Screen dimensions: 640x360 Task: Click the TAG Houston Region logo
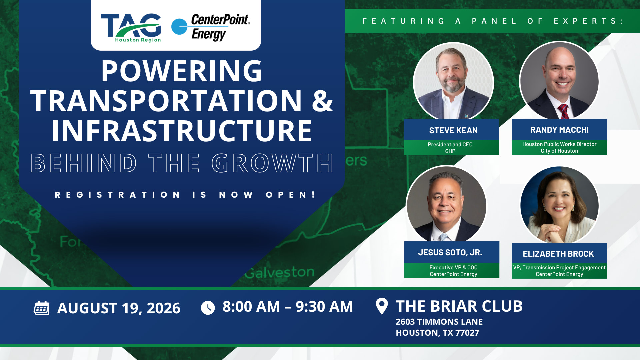pos(131,28)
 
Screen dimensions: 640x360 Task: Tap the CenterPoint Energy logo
pos(211,27)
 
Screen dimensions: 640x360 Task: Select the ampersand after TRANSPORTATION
pos(322,101)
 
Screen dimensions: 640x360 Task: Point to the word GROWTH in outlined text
pos(272,163)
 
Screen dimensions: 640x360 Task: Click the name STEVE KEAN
pos(453,130)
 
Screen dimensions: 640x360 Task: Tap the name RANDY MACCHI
pos(559,130)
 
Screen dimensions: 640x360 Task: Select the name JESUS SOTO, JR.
pos(450,253)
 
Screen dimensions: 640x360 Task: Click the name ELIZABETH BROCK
pos(558,254)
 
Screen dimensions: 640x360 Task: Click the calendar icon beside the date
pos(42,308)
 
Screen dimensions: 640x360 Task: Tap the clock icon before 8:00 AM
pos(208,308)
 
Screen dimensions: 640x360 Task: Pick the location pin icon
pos(382,306)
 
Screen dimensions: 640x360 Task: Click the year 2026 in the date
pos(163,308)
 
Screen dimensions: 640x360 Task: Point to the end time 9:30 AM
pos(324,307)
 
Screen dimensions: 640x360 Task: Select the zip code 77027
pos(467,333)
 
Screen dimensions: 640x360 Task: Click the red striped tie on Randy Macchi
pos(563,111)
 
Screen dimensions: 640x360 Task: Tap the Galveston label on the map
pos(280,272)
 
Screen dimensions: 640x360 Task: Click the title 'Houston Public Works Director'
pos(559,144)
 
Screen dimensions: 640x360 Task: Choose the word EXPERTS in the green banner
pos(588,21)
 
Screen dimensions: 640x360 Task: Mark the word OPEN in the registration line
pos(290,195)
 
